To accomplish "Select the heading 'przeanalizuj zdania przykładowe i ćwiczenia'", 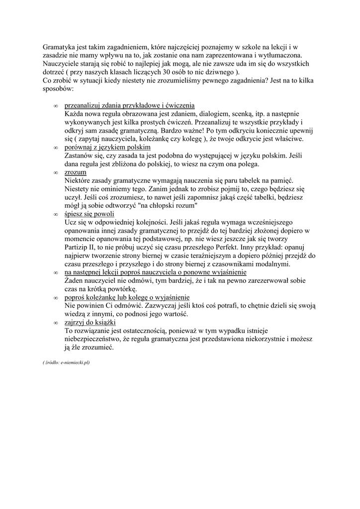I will [x=129, y=105].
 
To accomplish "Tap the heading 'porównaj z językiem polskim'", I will [x=107, y=148].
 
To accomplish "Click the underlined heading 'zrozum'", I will [x=76, y=172].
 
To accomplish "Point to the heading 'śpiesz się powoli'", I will [x=90, y=214].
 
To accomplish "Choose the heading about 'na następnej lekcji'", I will [x=156, y=272].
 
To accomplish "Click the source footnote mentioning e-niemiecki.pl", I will [x=67, y=363].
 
